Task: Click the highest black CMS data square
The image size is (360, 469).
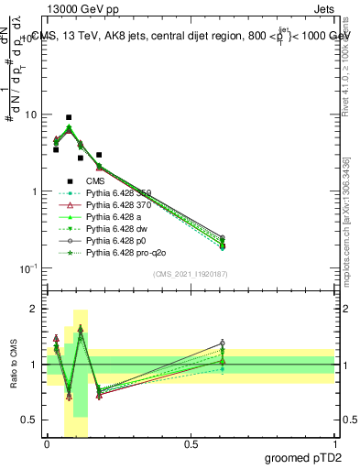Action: point(69,117)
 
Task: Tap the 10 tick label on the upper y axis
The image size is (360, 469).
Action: point(30,115)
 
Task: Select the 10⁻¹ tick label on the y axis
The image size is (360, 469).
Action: point(27,268)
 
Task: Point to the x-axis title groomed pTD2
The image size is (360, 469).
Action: point(306,457)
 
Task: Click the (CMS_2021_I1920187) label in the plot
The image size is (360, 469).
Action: point(190,273)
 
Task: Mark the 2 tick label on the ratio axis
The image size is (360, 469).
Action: point(34,309)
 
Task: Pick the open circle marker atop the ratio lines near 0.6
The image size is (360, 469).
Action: point(223,344)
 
